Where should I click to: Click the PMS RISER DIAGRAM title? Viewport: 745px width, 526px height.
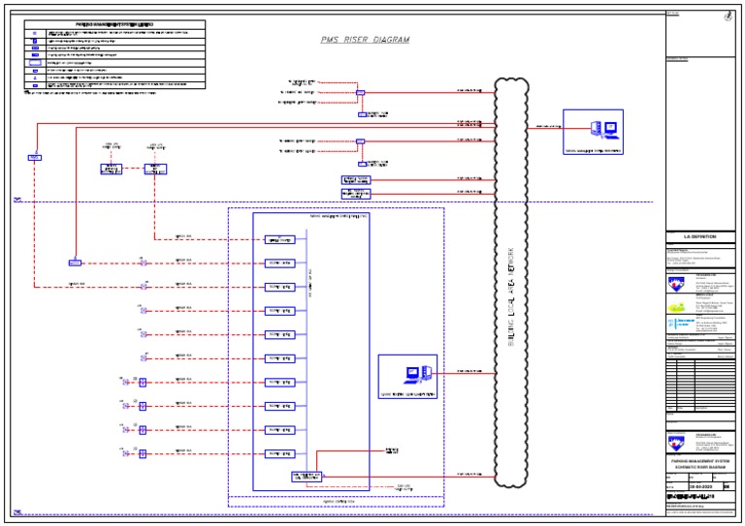(365, 40)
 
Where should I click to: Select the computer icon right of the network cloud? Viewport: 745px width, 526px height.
(594, 129)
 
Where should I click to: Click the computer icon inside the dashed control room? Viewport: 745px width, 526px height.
(408, 373)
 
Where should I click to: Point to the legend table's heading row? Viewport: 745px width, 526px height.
(113, 24)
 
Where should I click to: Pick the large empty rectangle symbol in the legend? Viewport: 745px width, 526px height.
(34, 62)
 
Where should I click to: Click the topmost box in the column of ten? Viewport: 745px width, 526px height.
(279, 239)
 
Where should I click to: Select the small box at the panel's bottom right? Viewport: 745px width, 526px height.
(307, 477)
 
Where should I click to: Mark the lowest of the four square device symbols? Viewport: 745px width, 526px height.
(142, 452)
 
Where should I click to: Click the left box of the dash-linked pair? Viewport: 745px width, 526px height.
(112, 169)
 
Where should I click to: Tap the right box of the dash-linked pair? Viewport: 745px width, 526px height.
(154, 169)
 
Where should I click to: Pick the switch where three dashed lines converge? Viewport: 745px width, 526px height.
(360, 94)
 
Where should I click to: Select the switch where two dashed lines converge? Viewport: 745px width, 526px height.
(360, 141)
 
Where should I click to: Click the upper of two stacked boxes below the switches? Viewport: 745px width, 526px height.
(356, 179)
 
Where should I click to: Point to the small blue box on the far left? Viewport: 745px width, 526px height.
(34, 157)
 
